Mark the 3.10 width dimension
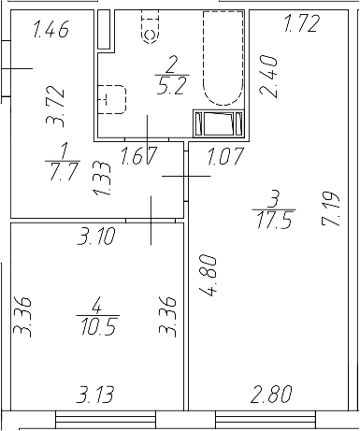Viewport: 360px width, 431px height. (x=96, y=237)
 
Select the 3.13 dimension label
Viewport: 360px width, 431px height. (x=97, y=395)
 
